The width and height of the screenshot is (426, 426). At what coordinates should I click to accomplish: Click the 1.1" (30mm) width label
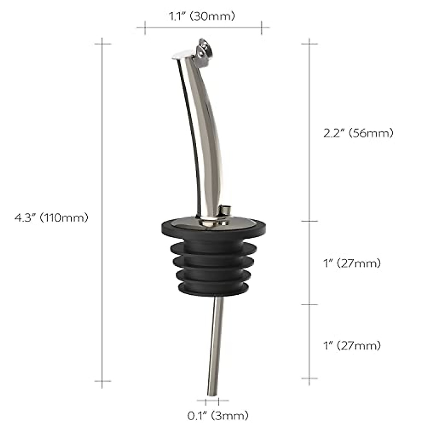click(202, 16)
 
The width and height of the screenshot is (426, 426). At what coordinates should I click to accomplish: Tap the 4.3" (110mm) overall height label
click(51, 218)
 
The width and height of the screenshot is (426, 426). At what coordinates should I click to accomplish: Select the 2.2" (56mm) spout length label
click(359, 133)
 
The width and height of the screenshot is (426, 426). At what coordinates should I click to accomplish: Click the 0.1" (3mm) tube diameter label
click(218, 415)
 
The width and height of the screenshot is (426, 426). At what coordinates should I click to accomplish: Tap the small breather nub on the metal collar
click(225, 209)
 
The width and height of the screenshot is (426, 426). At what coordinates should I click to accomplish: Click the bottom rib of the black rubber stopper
click(213, 287)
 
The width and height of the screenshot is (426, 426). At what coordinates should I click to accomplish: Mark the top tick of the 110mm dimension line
click(102, 44)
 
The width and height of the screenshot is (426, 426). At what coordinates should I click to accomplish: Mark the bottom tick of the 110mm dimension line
click(102, 381)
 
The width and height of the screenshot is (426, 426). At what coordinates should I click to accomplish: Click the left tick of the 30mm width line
click(145, 27)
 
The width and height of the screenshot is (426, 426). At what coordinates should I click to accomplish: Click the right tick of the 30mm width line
click(262, 27)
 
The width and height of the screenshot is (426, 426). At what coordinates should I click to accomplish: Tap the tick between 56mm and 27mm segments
click(309, 221)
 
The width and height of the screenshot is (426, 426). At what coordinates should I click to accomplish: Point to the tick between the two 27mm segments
click(309, 305)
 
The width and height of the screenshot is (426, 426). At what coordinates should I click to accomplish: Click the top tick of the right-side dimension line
click(309, 44)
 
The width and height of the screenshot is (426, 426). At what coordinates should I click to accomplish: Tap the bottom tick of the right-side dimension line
click(309, 378)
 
